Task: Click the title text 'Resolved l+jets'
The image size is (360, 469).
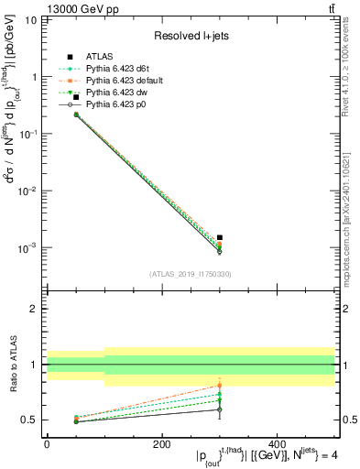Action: (191, 36)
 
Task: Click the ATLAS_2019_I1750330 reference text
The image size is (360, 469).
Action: (191, 274)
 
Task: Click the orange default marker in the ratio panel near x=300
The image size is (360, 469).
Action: (220, 386)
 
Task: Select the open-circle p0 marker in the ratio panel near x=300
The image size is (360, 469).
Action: (220, 409)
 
